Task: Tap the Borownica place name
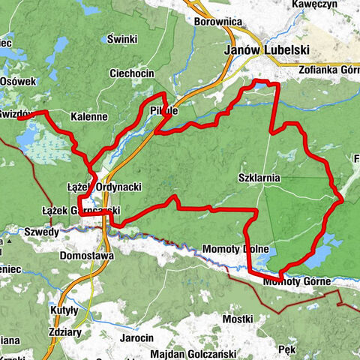[217, 22]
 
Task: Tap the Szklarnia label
[258, 178]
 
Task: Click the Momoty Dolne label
[235, 249]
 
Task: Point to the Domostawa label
[87, 256]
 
